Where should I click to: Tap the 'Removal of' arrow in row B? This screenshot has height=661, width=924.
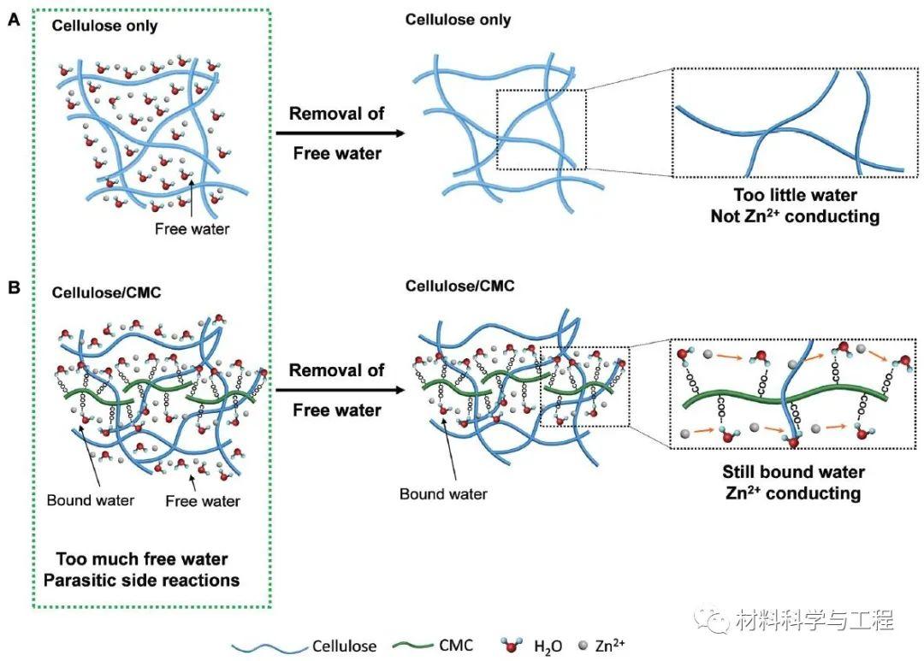click(x=338, y=391)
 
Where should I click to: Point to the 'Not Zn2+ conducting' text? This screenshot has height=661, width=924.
click(x=795, y=216)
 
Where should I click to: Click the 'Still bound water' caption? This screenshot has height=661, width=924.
click(x=793, y=472)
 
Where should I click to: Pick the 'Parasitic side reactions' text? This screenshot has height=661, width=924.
click(x=148, y=580)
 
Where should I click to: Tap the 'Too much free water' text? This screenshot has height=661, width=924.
click(x=142, y=558)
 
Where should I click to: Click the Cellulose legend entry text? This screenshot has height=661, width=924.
click(x=344, y=646)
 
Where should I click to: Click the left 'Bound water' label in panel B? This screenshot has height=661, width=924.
click(x=90, y=499)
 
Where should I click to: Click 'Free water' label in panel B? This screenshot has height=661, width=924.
click(x=203, y=500)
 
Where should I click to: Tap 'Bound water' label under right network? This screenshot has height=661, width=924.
click(x=443, y=493)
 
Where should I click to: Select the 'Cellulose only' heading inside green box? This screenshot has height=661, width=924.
click(x=104, y=26)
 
